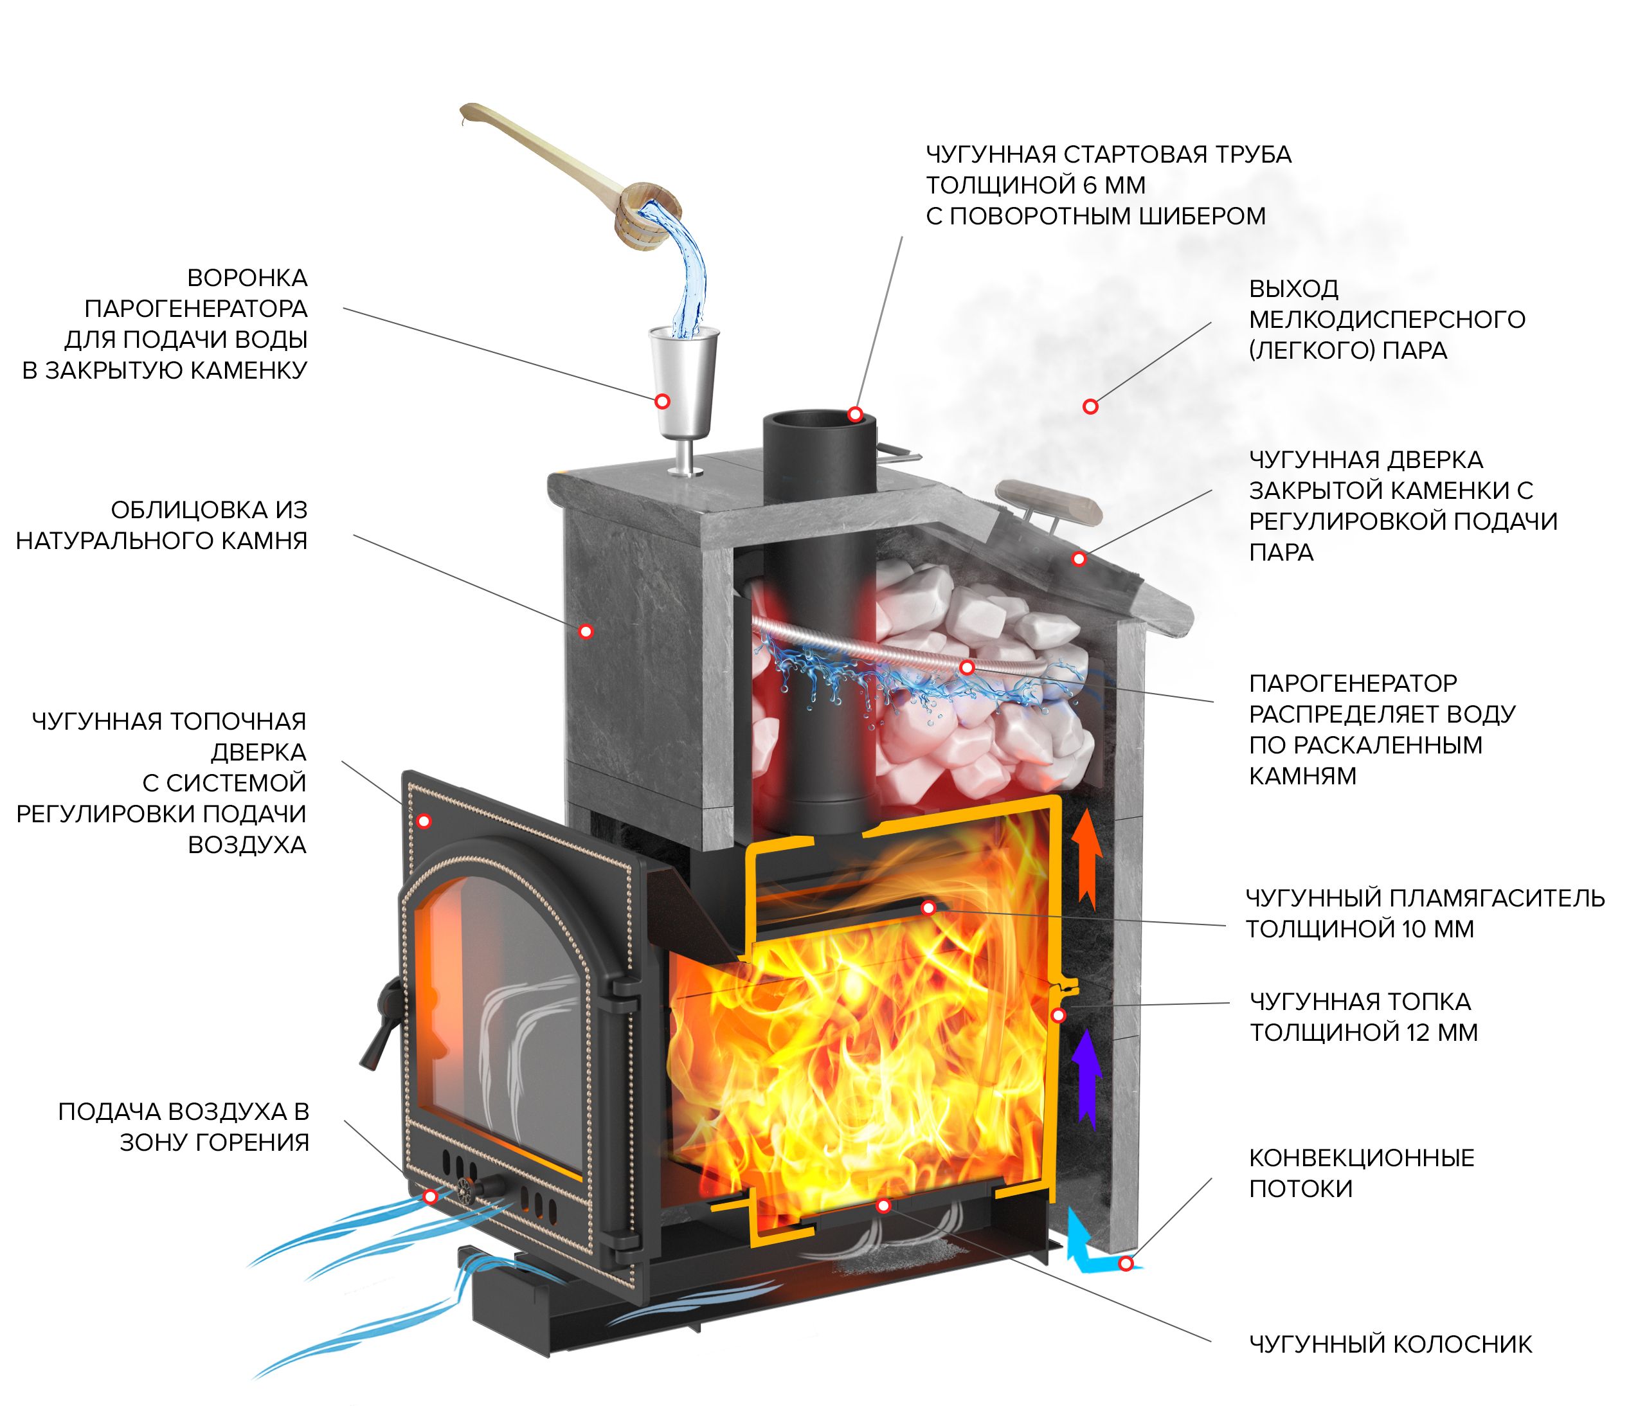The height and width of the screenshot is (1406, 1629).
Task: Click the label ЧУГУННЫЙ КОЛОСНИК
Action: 1390,1344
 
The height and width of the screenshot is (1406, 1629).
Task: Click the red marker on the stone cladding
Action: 585,631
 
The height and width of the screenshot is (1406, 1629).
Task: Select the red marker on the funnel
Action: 662,401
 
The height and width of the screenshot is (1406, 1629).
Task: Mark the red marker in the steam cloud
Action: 1090,406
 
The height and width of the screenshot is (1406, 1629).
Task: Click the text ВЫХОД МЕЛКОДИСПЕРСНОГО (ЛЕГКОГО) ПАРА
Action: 1386,320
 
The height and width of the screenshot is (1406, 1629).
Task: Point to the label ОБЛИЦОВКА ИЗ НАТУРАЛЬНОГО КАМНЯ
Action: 162,525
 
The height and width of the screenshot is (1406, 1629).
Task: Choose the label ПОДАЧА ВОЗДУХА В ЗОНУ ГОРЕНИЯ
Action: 184,1127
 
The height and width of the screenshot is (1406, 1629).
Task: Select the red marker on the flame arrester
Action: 928,908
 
